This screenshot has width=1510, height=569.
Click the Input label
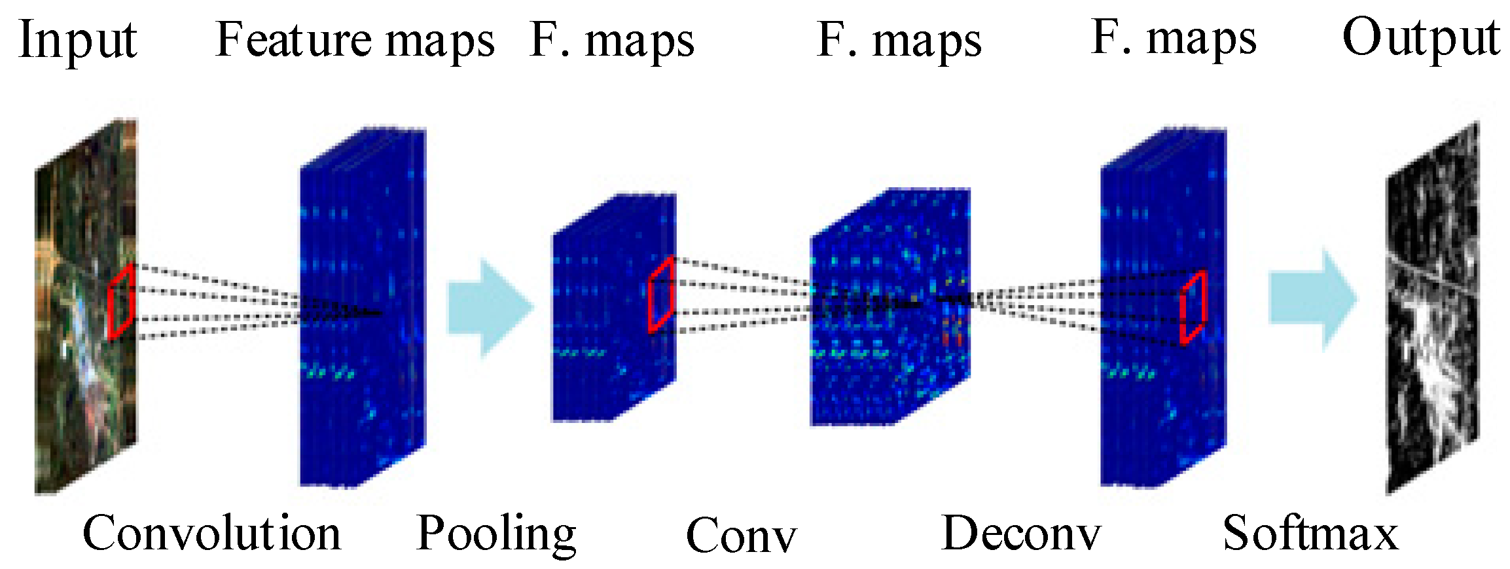coord(78,41)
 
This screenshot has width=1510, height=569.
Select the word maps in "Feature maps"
coord(440,42)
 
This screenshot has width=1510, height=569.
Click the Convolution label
coord(211,533)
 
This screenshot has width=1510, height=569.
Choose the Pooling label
coord(496,534)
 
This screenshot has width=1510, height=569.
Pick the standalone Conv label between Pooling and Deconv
coord(740,536)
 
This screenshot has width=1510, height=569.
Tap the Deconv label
coord(1020,533)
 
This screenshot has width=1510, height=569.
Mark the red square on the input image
coord(121,301)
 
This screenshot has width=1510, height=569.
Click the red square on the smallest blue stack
coord(661,295)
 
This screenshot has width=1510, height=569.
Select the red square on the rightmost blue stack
coord(1193,307)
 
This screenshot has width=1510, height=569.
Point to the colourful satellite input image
coord(85,308)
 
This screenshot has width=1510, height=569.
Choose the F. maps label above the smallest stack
coord(611,41)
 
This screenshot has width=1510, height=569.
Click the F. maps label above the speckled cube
coord(899,41)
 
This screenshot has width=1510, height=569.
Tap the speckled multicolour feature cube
coord(890,308)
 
